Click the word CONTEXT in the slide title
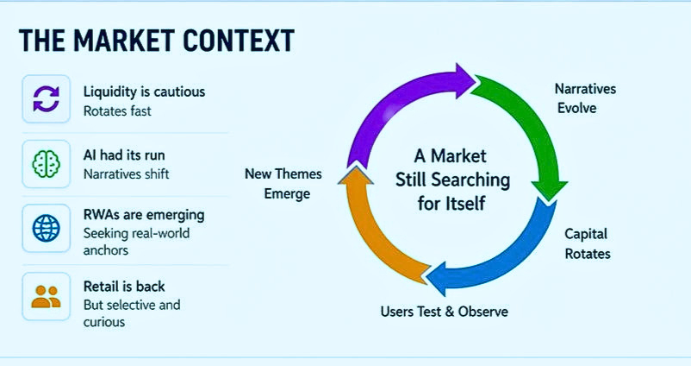[243, 41]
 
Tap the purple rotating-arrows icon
[46, 99]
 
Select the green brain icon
[46, 163]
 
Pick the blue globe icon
[46, 228]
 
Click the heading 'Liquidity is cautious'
[144, 91]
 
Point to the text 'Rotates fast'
[117, 110]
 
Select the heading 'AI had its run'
[124, 155]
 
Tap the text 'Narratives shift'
[127, 174]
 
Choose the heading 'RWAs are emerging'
[143, 213]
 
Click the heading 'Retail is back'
[124, 286]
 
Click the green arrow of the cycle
[530, 129]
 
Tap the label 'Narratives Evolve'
[585, 98]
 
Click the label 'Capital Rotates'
[587, 243]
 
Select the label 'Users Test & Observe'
[444, 311]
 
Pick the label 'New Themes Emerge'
[283, 184]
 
